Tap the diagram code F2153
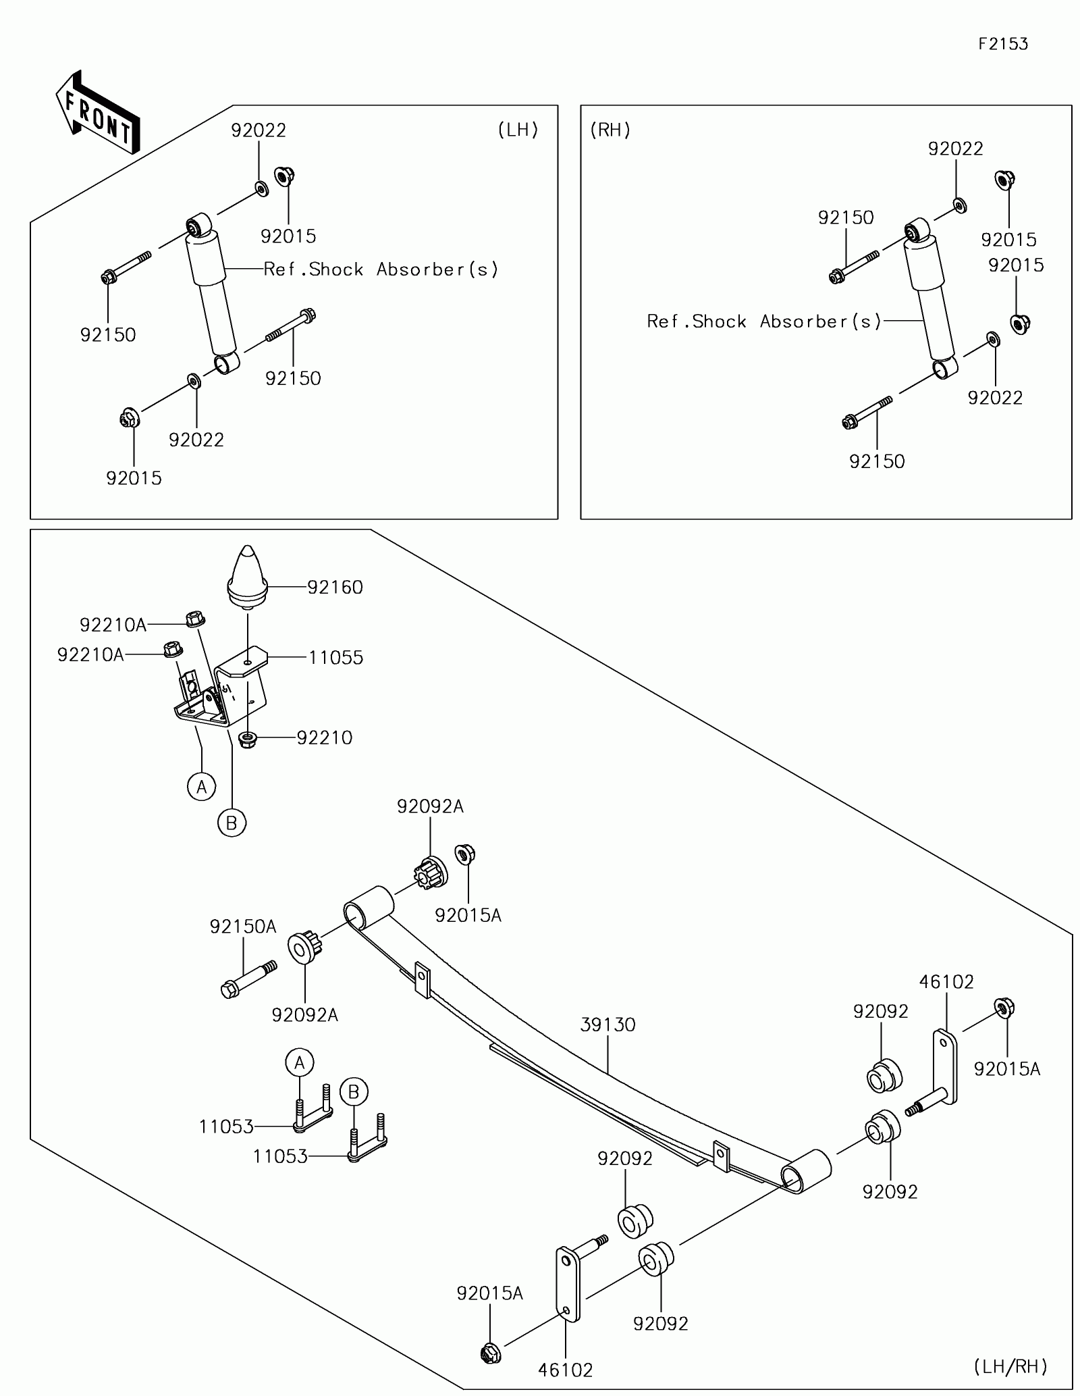coord(1003,45)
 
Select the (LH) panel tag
coord(518,130)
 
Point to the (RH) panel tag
coord(610,130)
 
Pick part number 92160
coord(335,588)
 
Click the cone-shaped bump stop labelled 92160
coord(248,576)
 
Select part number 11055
coord(336,658)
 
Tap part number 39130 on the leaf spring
coord(607,1025)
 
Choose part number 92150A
coord(243,927)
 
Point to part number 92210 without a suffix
coord(325,738)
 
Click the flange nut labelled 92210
coord(248,737)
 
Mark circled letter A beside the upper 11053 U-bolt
coord(300,1062)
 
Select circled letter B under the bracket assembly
coord(232,823)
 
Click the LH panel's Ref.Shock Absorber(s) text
coord(381,269)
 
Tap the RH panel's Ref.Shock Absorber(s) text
coord(764,321)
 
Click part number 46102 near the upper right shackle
coord(946,982)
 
